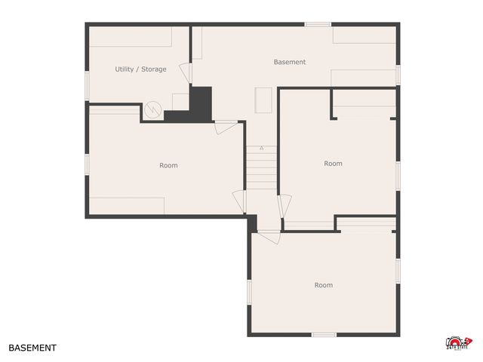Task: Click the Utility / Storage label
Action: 140,69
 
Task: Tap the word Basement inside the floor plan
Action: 290,62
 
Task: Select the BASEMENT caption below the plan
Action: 32,348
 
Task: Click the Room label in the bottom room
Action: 323,285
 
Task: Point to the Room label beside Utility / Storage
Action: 168,165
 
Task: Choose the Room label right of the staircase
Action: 333,164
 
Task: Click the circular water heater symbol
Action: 153,109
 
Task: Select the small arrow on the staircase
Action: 262,148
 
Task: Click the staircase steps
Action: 262,170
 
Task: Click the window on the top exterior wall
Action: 318,24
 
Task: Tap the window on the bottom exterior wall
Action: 324,334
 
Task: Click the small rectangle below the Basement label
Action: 263,100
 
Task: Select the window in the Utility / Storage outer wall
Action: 87,85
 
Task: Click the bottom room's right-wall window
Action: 397,269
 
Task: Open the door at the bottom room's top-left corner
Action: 268,236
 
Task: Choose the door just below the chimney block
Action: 225,127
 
